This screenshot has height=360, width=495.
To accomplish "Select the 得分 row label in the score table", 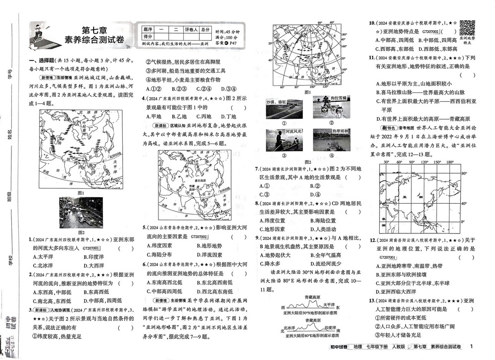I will point(148,37).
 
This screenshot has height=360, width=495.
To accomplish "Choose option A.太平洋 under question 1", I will point(44,256).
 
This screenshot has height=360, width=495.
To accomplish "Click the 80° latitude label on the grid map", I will point(464,174).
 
